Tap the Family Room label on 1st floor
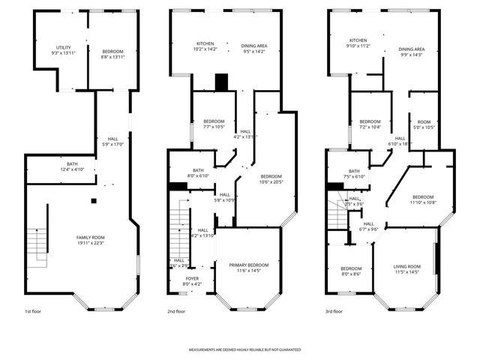[x=90, y=240]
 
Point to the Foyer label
[x=192, y=280]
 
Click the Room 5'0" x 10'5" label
[x=424, y=124]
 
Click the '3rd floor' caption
[x=334, y=310]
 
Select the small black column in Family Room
[x=93, y=200]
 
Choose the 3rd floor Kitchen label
[x=358, y=43]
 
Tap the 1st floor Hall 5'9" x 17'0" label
[x=112, y=141]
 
